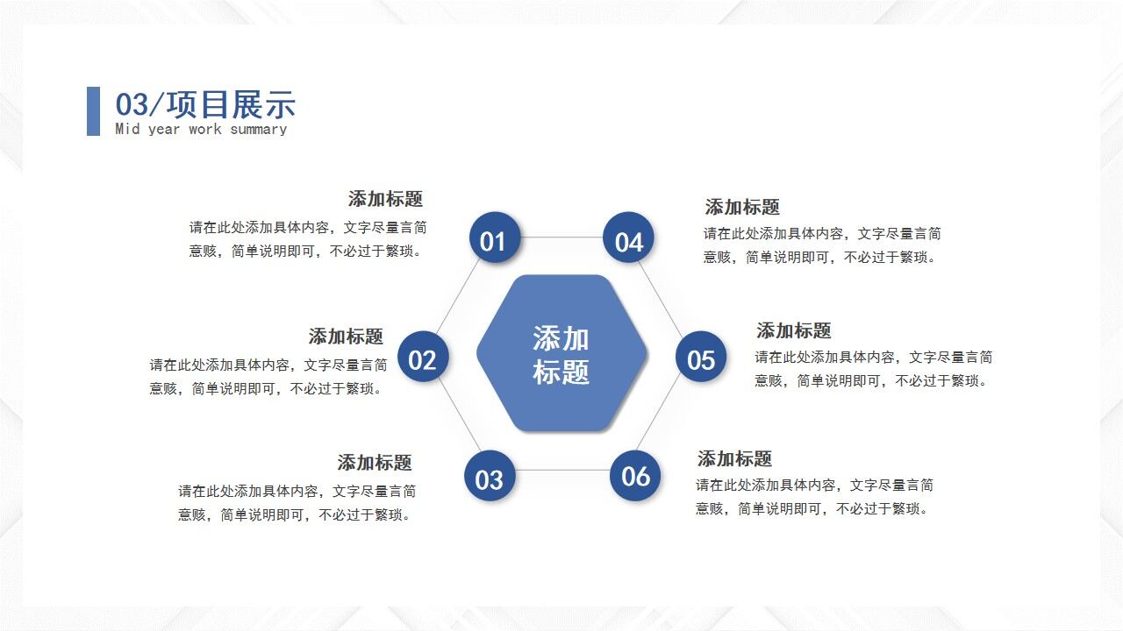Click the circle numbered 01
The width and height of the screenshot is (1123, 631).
pos(495,238)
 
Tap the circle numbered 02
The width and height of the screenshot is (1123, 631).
pos(423,358)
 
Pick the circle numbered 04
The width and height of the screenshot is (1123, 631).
pos(628,238)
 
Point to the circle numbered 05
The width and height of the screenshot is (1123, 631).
pos(700,358)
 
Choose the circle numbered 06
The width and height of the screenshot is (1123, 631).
pos(634,476)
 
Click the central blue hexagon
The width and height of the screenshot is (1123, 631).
pos(561,354)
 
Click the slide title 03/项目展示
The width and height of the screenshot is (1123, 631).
pos(205,104)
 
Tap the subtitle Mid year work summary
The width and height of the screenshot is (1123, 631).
pos(201,130)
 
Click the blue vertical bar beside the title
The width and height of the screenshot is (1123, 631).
pos(93,110)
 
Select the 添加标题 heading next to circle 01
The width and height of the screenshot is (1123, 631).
pos(385,199)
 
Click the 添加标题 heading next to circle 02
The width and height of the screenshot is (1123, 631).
pos(346,337)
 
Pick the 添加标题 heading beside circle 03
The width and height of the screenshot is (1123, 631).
pos(375,463)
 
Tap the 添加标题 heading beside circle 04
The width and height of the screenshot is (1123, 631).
pos(742,208)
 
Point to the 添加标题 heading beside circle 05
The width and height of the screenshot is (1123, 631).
pos(793,331)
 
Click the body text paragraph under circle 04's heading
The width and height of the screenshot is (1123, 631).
pos(821,245)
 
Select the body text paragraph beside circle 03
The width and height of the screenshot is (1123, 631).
pos(297,503)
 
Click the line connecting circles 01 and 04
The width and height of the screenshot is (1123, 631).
pos(561,238)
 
